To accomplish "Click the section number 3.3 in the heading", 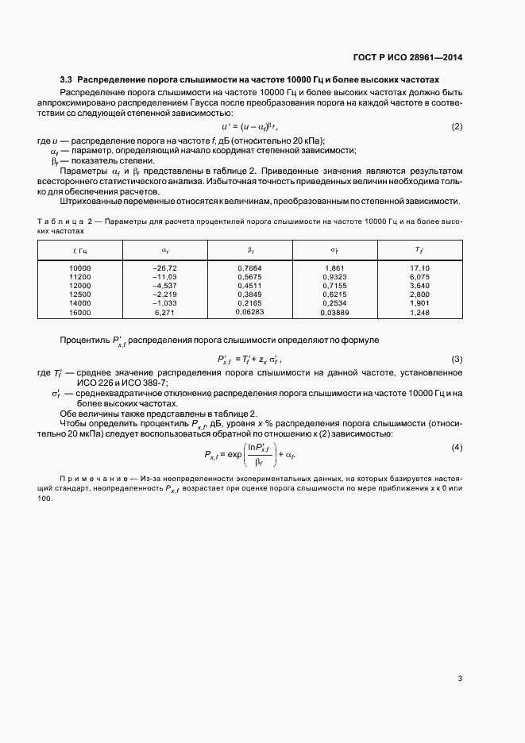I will tap(67, 80).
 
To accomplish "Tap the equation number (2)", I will tap(457, 127).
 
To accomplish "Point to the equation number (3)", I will tap(457, 359).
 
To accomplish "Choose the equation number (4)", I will tap(457, 448).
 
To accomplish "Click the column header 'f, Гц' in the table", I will tap(80, 250).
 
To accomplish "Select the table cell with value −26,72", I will tap(164, 268).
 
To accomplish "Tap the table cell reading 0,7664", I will tap(249, 268).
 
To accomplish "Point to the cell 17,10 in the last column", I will tap(419, 268).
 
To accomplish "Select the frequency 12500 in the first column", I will tap(80, 294).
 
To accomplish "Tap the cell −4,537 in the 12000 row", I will tap(164, 285).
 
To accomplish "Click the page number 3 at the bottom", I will tap(460, 678).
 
